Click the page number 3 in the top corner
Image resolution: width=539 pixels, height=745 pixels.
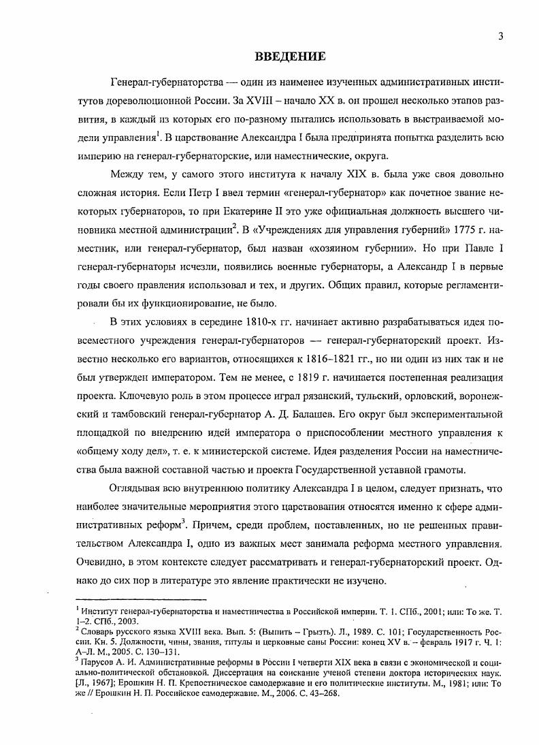tap(500, 37)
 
